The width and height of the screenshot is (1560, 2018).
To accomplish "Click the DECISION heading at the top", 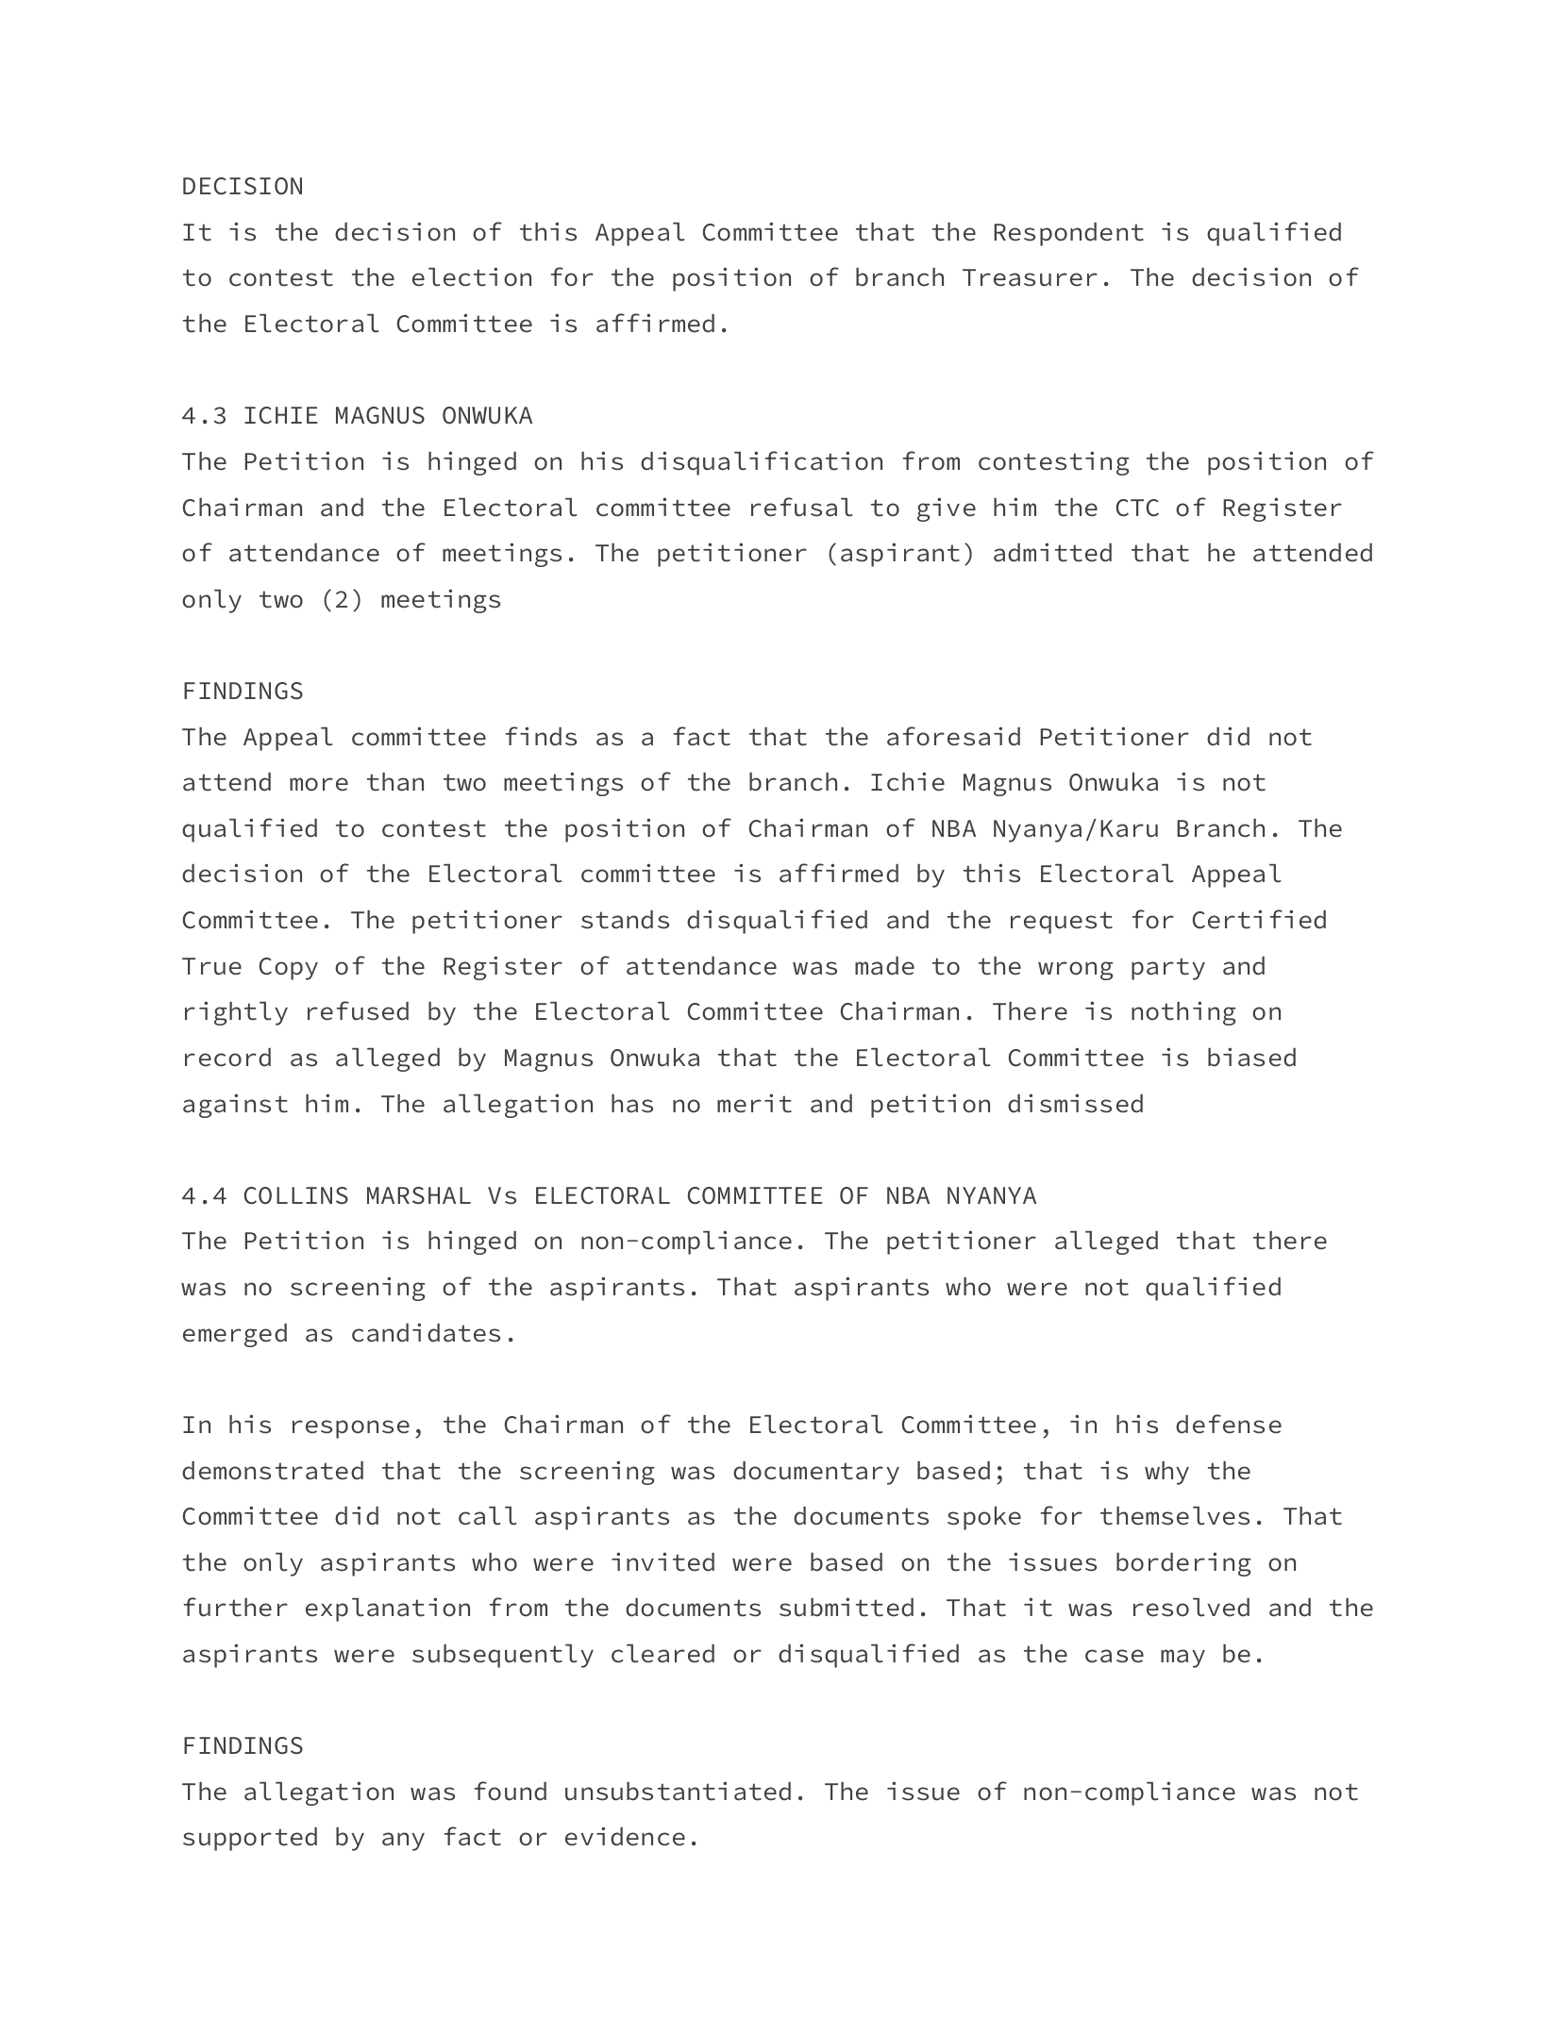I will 243,187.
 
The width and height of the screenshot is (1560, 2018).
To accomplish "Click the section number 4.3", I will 204,416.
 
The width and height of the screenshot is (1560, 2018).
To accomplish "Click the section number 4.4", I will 204,1196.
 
